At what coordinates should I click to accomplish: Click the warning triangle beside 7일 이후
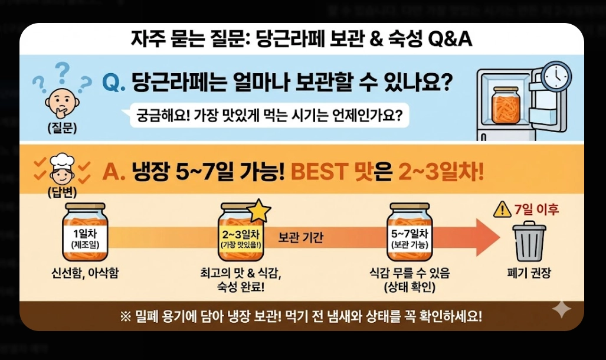point(502,209)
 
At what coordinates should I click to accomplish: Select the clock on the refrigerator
point(556,76)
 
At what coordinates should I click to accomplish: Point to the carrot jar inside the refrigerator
point(506,106)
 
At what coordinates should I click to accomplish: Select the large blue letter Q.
point(113,83)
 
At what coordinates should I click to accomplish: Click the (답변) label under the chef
point(62,192)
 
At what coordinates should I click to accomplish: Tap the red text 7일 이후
point(536,210)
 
